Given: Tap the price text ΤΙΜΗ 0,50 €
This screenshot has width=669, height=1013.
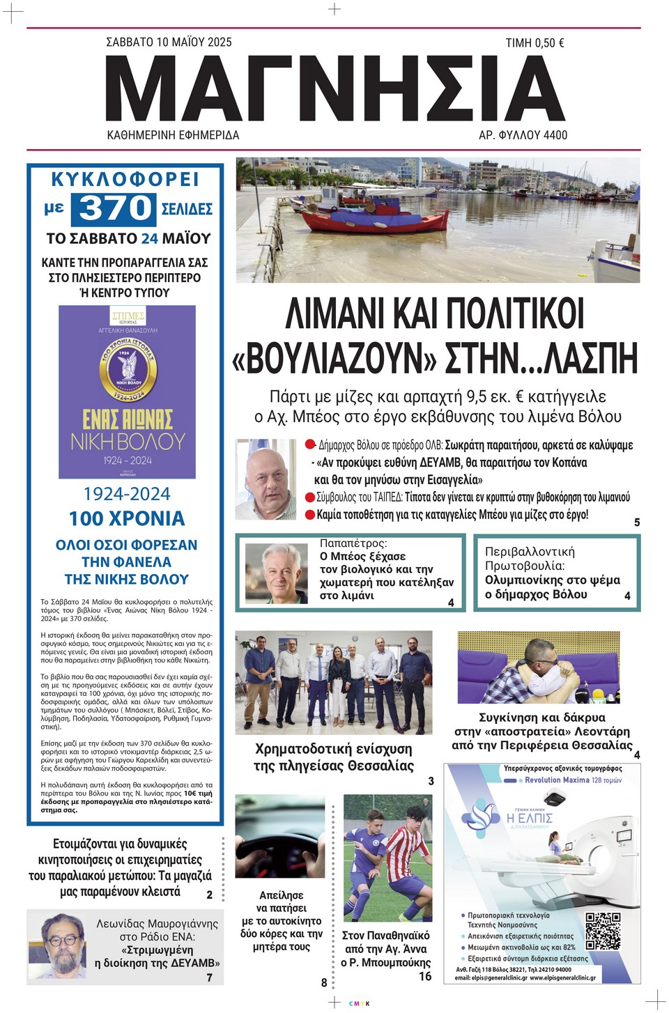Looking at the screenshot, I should [535, 43].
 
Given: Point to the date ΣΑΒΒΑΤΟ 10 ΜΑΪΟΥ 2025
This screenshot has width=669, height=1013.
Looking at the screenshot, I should [169, 42].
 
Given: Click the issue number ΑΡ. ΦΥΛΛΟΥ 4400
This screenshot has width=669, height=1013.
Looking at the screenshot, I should [523, 135].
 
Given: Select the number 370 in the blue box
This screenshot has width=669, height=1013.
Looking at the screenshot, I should [116, 208].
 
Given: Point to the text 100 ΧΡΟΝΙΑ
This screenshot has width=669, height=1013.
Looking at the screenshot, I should [126, 519].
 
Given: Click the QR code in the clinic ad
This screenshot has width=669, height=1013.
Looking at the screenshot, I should [603, 931].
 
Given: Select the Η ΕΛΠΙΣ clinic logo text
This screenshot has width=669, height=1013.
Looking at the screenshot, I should [530, 817].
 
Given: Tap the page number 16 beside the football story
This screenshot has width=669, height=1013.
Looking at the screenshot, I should [425, 976].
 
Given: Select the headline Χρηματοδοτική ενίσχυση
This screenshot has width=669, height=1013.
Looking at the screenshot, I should [333, 750].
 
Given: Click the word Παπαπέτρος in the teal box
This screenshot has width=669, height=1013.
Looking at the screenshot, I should [353, 543].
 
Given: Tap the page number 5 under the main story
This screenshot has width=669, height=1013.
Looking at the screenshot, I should [637, 523].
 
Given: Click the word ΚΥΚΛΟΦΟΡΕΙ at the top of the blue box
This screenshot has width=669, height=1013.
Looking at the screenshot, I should [125, 180].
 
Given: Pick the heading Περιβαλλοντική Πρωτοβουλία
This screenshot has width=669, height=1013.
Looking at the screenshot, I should [530, 559].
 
